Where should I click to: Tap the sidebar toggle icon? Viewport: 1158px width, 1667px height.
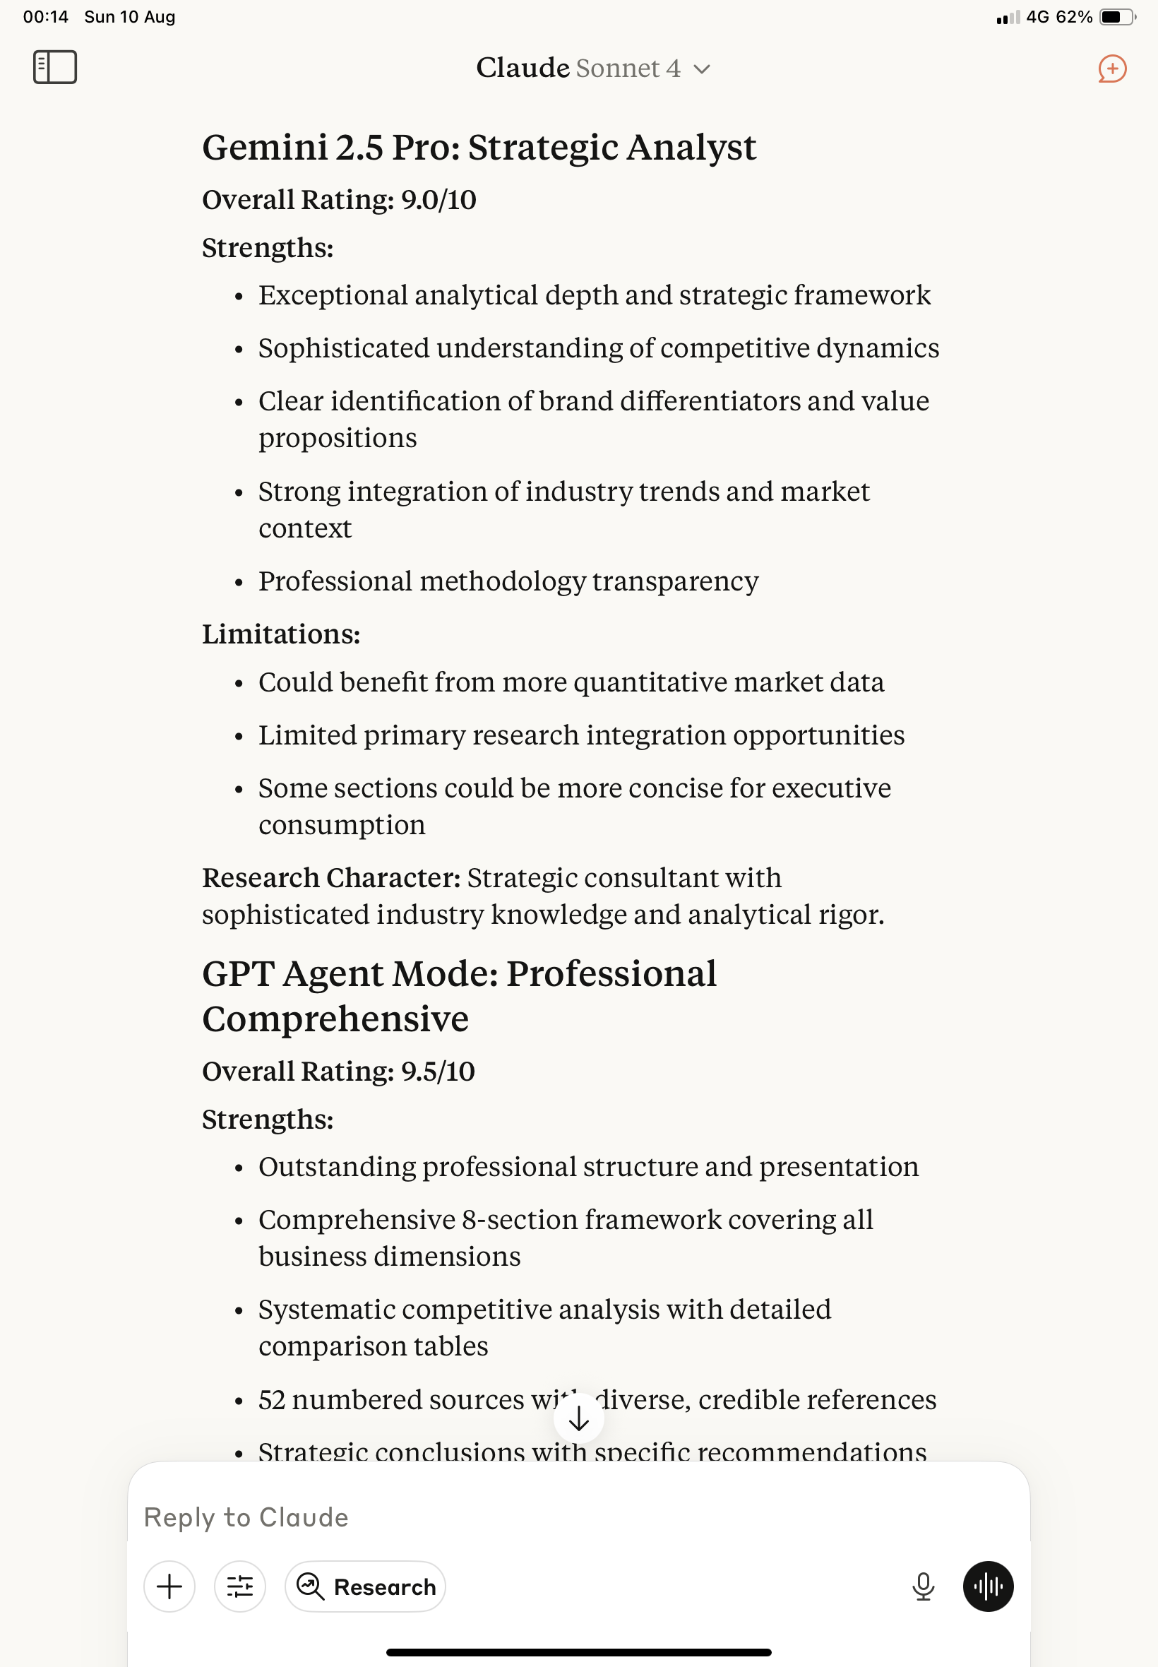[55, 67]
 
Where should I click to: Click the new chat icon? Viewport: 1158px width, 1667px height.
[1111, 69]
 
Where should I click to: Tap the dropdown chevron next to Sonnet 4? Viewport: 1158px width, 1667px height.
[702, 70]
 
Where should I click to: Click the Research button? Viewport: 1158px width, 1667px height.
[365, 1586]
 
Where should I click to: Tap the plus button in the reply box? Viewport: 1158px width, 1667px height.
[169, 1586]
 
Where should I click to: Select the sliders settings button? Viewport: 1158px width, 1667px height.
[239, 1586]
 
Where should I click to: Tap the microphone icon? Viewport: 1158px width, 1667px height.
[923, 1586]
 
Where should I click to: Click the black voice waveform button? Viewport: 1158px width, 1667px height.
[988, 1586]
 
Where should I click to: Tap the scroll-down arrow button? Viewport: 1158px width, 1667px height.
[578, 1418]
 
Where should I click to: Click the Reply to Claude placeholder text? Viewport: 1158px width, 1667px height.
[246, 1517]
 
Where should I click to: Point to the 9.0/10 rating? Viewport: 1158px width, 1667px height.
[438, 200]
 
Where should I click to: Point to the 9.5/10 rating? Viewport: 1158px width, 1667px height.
[438, 1071]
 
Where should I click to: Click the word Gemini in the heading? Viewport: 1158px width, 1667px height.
[264, 148]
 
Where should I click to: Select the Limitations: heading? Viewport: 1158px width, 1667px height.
[281, 634]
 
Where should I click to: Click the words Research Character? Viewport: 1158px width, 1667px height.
[331, 877]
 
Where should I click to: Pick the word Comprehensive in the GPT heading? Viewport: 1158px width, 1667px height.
[335, 1019]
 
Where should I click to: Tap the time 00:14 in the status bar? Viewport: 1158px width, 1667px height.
[46, 17]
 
